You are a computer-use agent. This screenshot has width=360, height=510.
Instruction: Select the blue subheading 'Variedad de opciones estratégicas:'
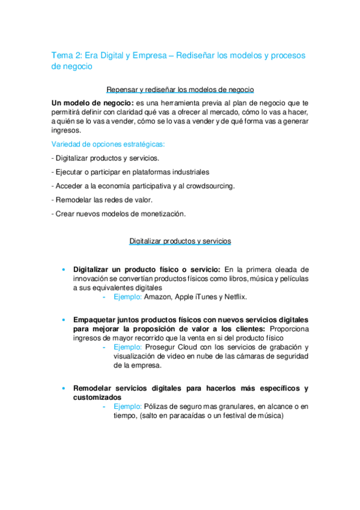coord(108,144)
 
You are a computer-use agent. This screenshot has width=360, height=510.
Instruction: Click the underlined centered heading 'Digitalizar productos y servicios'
coord(180,241)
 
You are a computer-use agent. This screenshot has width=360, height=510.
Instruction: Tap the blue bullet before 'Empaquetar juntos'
coord(64,319)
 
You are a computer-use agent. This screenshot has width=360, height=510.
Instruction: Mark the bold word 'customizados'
coord(97,398)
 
